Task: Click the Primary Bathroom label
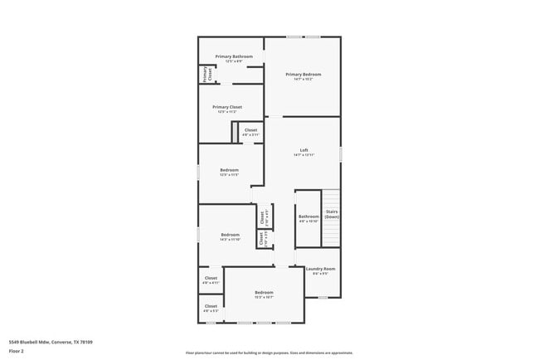tap(234, 56)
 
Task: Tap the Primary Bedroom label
tap(303, 75)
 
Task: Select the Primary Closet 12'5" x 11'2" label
tap(227, 107)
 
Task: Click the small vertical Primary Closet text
tap(205, 75)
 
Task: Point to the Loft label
tap(303, 150)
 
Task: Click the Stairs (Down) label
tap(332, 214)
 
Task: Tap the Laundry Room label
tap(320, 269)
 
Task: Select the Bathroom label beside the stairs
tap(308, 216)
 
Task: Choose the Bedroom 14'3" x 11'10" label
tap(230, 235)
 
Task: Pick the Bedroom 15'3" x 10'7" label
tap(264, 292)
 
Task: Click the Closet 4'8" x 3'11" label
tap(250, 130)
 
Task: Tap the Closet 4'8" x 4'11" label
tap(211, 278)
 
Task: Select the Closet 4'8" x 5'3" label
tap(211, 307)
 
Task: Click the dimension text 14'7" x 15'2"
tap(303, 80)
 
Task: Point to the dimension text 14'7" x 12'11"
tap(303, 155)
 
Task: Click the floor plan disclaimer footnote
tap(269, 353)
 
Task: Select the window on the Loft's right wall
tap(340, 154)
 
